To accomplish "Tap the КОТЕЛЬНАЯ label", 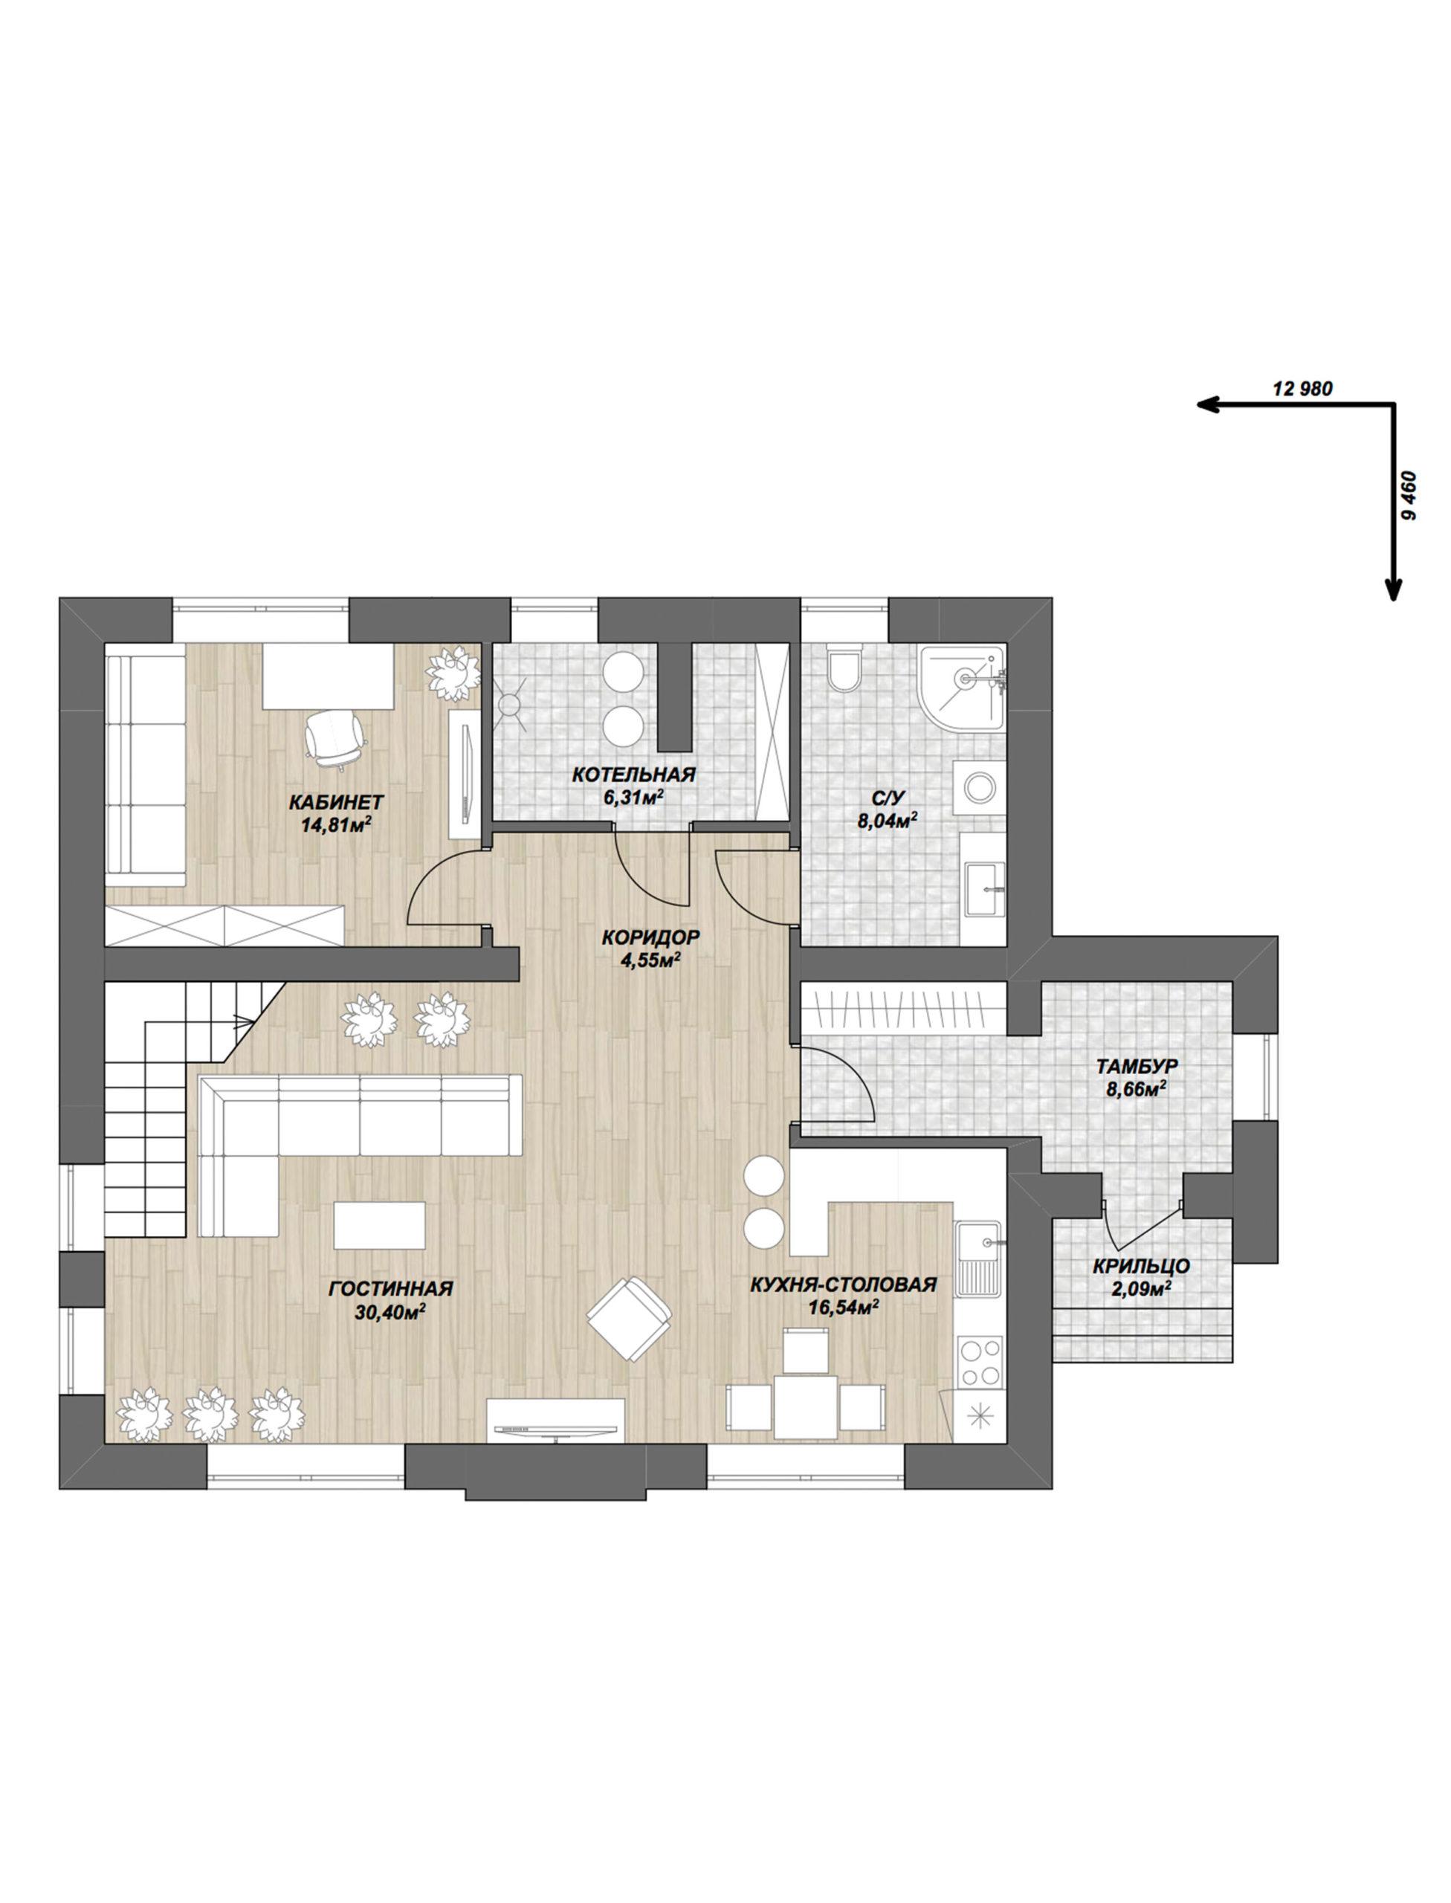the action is click(633, 774).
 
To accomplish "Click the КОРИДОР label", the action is click(650, 937).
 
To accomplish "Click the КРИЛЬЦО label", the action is click(1141, 1267).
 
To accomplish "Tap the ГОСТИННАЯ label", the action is click(391, 1289).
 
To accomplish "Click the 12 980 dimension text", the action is click(1303, 389).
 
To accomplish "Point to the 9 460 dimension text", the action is click(1412, 494).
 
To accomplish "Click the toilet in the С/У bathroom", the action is click(843, 666).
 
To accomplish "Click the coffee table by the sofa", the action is click(379, 1225).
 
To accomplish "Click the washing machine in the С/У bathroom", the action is click(980, 788).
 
